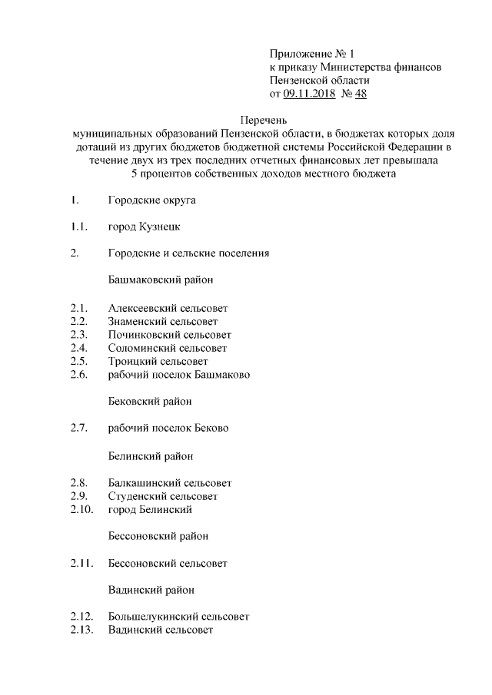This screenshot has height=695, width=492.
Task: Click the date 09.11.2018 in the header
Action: pyautogui.click(x=309, y=94)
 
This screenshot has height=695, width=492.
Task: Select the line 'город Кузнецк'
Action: pyautogui.click(x=145, y=227)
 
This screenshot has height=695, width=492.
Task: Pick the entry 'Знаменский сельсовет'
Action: pyautogui.click(x=163, y=321)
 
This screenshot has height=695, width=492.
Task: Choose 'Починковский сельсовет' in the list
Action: pyautogui.click(x=170, y=335)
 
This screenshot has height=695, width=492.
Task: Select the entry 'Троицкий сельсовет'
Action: pyautogui.click(x=158, y=361)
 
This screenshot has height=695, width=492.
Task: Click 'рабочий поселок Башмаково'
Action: pyautogui.click(x=179, y=375)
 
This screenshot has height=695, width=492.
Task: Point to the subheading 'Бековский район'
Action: pyautogui.click(x=150, y=401)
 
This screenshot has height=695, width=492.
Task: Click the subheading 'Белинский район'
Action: pyautogui.click(x=151, y=456)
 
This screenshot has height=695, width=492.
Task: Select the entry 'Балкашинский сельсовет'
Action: pyautogui.click(x=170, y=483)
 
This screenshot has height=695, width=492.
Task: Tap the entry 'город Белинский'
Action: pyautogui.click(x=150, y=509)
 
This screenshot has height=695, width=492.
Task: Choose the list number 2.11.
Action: pyautogui.click(x=81, y=563)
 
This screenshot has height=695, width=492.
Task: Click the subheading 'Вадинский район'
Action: pyautogui.click(x=151, y=590)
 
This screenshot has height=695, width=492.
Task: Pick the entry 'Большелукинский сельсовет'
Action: pyautogui.click(x=178, y=617)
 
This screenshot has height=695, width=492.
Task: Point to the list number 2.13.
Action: pyautogui.click(x=81, y=630)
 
